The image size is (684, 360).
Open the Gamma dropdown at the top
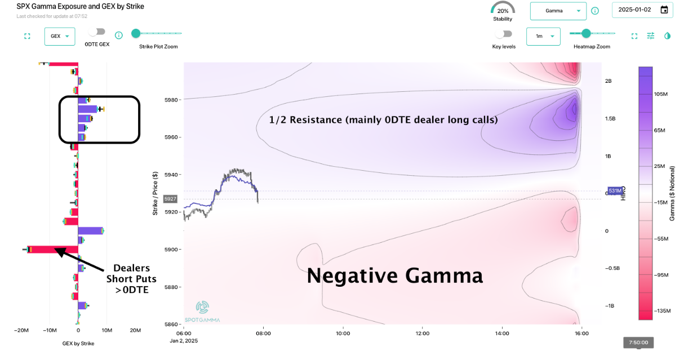558,11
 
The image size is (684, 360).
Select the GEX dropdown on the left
59,36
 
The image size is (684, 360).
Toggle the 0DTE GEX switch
97,33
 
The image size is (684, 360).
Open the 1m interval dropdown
543,36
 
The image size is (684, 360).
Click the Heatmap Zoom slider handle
587,33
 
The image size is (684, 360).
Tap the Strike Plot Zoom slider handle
136,33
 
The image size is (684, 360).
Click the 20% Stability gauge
503,11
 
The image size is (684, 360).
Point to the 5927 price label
170,199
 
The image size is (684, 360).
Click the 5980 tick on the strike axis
171,100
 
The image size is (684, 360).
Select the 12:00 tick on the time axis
422,334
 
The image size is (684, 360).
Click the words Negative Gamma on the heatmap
394,275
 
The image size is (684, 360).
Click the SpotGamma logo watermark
208,311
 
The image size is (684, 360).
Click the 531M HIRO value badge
615,191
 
